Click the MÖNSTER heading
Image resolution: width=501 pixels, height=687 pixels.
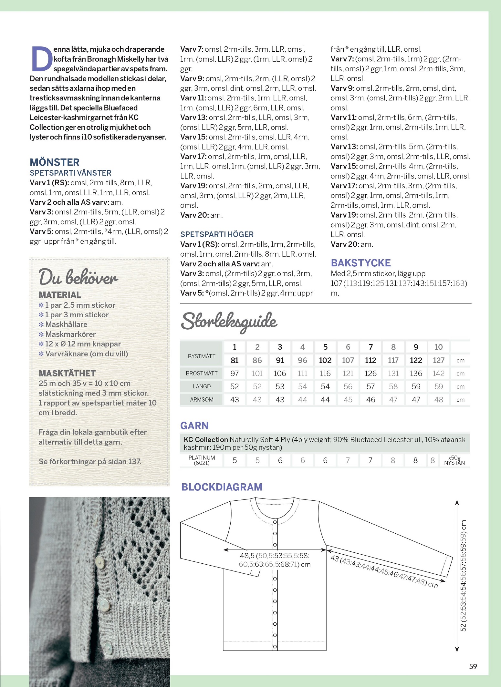(55, 162)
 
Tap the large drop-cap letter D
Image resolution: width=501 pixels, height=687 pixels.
(41, 59)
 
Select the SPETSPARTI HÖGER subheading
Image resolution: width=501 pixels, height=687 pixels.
(217, 234)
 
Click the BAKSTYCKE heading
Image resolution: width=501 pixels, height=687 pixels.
(361, 263)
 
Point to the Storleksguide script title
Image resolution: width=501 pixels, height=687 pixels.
(229, 322)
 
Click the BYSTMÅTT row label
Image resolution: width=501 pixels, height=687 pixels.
(202, 356)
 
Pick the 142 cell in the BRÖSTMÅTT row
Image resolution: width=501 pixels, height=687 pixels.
(438, 374)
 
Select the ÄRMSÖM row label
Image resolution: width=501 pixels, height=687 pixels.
(202, 400)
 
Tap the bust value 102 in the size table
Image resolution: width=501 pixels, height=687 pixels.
(325, 360)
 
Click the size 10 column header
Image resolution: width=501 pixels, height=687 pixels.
(438, 347)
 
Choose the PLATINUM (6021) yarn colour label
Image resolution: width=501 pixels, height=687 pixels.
(202, 460)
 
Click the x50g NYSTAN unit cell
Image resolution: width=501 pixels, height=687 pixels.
(454, 460)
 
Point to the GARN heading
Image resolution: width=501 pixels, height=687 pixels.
(194, 426)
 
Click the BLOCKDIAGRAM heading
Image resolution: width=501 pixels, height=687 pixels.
(222, 487)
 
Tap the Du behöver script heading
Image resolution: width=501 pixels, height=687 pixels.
(78, 277)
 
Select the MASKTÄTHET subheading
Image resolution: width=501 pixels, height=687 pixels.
(67, 373)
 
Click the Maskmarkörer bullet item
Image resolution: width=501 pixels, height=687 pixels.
(70, 334)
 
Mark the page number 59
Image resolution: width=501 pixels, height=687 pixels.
(473, 666)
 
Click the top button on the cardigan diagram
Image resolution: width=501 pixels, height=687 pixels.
(275, 522)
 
